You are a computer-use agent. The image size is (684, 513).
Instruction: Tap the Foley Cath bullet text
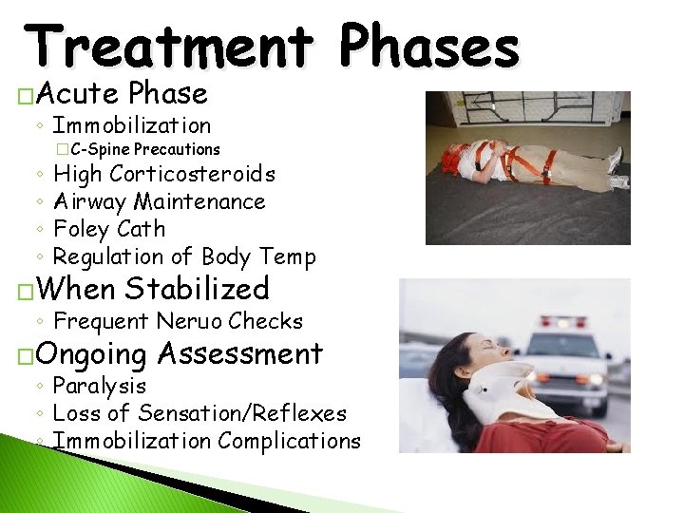coord(109,229)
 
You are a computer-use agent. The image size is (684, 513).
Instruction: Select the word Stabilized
coord(197,288)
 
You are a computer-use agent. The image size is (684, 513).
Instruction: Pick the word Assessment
coord(240,353)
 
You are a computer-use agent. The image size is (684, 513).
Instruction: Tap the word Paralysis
coord(100,386)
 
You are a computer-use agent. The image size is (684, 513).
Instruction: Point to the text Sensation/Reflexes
coord(242,413)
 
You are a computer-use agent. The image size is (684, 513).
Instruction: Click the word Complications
coord(289,441)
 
